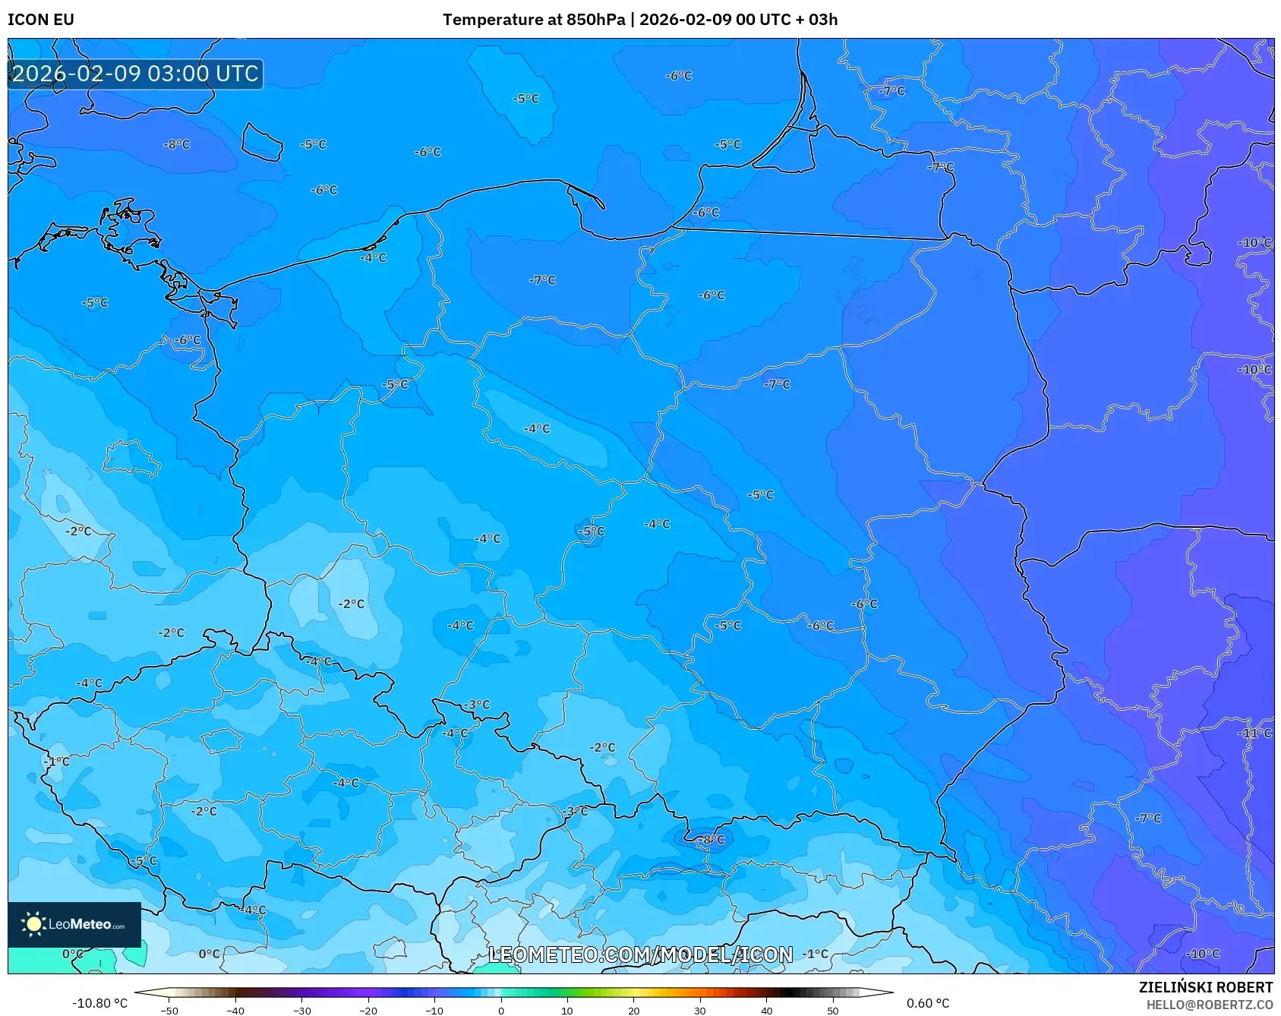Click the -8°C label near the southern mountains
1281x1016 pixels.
point(713,839)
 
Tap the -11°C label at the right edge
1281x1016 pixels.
point(1254,733)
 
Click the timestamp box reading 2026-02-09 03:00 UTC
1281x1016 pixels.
point(135,74)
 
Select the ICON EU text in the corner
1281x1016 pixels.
point(41,20)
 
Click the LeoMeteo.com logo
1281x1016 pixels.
point(74,924)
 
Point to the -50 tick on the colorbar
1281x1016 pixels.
point(169,1011)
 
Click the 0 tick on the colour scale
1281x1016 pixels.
point(500,1011)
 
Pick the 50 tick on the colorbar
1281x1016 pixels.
point(833,1011)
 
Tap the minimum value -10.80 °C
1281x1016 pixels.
point(99,1003)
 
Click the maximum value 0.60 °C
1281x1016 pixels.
point(928,1003)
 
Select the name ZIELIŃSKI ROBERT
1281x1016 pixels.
point(1205,987)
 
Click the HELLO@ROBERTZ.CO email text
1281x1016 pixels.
point(1209,1005)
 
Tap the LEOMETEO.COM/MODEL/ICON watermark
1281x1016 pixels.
point(640,954)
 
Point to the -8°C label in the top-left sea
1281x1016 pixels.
point(177,144)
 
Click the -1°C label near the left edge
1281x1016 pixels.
point(56,761)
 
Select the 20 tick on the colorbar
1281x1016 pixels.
point(633,1011)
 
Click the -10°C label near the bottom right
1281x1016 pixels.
point(1204,954)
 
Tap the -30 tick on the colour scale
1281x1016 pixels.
point(302,1011)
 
